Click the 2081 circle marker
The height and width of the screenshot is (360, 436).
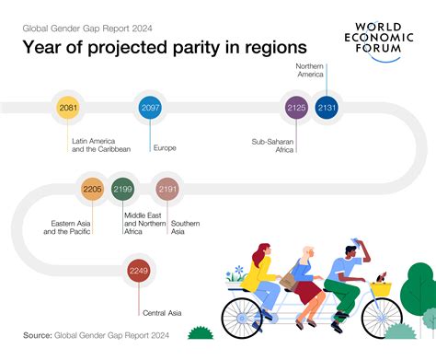click(x=67, y=109)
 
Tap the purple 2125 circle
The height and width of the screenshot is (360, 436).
click(x=296, y=109)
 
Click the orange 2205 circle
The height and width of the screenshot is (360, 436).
click(x=92, y=190)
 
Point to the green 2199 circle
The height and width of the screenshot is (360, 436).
click(x=122, y=190)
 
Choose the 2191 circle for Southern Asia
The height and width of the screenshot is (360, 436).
click(x=167, y=190)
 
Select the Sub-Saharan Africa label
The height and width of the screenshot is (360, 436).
click(x=272, y=146)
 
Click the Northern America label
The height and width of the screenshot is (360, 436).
click(x=310, y=71)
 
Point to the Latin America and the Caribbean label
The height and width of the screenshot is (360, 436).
click(x=101, y=145)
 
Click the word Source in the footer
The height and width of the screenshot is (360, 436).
click(x=38, y=336)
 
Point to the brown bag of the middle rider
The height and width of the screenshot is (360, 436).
click(x=289, y=275)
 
